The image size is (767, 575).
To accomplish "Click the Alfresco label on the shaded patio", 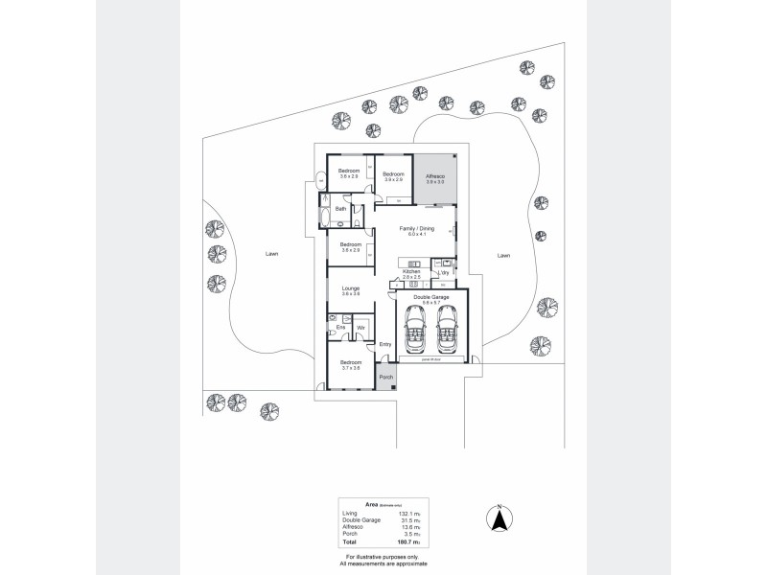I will click(434, 176).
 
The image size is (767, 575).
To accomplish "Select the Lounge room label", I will click(349, 288).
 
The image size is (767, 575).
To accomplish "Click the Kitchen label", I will click(411, 272).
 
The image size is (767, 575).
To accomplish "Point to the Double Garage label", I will click(430, 298).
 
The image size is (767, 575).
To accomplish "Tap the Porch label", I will click(386, 377).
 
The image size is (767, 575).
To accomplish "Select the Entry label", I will click(385, 344).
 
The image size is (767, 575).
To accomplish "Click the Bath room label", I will click(340, 208).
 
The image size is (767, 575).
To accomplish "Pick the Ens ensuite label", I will click(339, 328).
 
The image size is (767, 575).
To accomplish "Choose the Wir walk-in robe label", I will click(360, 328).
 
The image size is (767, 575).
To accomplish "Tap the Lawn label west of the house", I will click(272, 255).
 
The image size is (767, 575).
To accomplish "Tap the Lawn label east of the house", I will click(503, 256).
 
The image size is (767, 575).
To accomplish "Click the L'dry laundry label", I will click(444, 272).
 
